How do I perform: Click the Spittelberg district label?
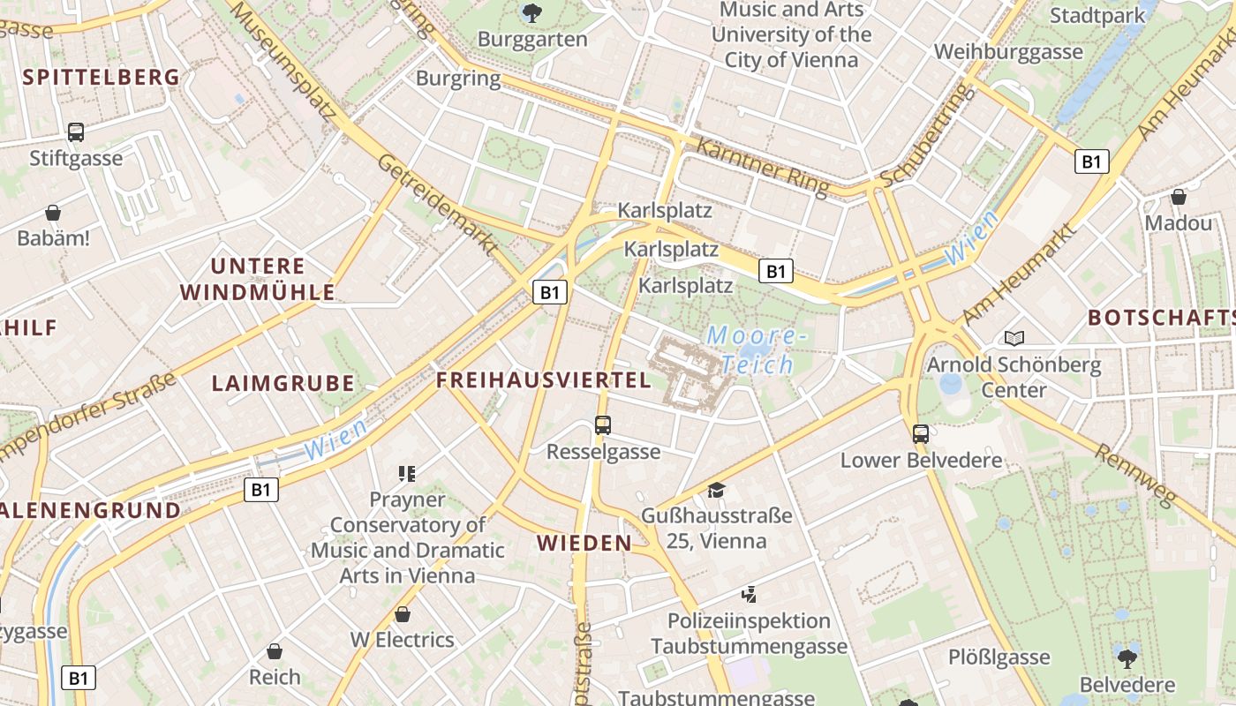point(102,77)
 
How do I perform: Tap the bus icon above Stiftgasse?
point(76,132)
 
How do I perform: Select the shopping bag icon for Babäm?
point(53,213)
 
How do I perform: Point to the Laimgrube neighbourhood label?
point(283,383)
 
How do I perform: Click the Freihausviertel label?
point(544,380)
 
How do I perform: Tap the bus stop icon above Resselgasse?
point(603,425)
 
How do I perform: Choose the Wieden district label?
point(584,543)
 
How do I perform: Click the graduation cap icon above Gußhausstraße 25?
point(716,489)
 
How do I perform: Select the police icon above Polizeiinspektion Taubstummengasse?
point(749,595)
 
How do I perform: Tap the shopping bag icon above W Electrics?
point(403,613)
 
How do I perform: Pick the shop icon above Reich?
point(275,651)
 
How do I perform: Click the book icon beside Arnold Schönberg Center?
point(1014,338)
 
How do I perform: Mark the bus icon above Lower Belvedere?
point(921,433)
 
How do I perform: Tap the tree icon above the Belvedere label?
point(1127,658)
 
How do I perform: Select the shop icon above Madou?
point(1179,197)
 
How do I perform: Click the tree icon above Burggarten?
point(531,12)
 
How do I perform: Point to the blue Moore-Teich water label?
point(757,349)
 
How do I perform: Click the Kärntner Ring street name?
point(764,168)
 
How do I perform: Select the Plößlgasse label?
point(999,657)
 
